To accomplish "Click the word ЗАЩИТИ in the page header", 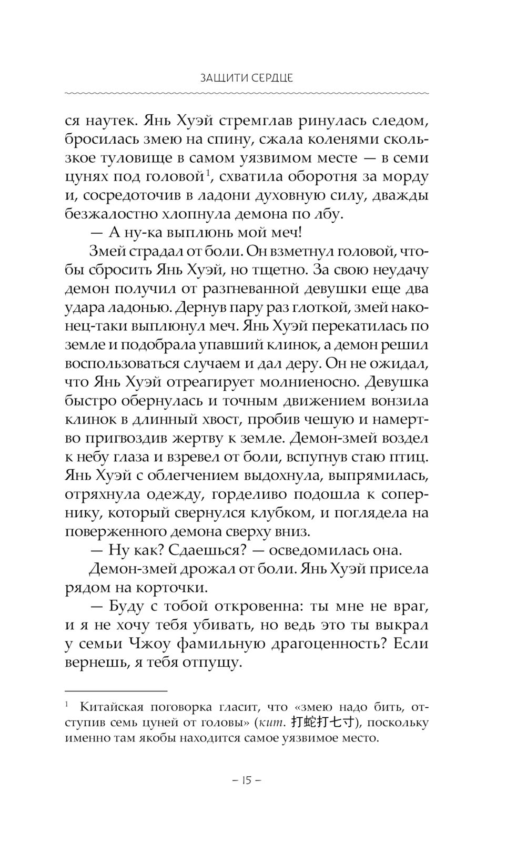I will pos(221,78).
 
